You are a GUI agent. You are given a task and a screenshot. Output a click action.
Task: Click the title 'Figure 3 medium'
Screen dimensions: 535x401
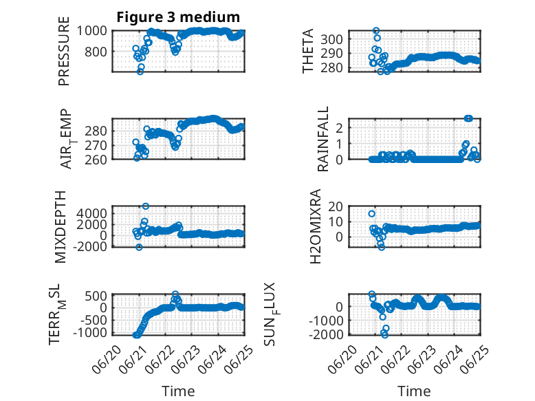click(178, 17)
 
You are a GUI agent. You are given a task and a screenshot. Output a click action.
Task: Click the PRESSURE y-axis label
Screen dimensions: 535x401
click(64, 51)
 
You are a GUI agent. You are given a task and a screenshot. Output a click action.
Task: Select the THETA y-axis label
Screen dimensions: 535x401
click(308, 51)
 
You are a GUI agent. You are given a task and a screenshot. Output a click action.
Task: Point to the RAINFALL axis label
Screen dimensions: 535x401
click(323, 139)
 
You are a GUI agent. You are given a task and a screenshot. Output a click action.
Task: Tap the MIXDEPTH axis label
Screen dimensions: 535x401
click(61, 226)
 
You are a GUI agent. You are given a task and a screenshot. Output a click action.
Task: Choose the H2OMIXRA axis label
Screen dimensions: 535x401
click(316, 226)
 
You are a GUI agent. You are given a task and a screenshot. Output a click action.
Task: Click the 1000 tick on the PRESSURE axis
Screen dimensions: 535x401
click(91, 31)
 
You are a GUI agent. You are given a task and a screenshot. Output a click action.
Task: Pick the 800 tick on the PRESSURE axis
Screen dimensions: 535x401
click(96, 52)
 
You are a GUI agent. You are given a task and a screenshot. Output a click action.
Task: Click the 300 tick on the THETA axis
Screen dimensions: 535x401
click(332, 39)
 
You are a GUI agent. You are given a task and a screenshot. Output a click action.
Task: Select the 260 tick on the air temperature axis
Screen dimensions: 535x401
click(96, 160)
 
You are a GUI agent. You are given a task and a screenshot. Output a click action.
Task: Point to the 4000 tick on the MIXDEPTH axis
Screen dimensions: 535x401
click(91, 214)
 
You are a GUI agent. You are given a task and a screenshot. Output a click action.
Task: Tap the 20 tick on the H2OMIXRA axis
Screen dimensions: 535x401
click(336, 206)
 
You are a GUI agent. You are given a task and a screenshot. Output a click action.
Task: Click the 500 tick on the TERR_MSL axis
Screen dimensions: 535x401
click(96, 296)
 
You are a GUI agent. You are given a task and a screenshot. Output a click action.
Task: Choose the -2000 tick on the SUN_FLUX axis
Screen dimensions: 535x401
click(326, 335)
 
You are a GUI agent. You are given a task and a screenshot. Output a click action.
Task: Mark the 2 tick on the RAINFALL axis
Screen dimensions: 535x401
click(340, 129)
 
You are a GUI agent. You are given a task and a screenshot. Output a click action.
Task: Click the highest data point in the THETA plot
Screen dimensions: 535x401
click(376, 31)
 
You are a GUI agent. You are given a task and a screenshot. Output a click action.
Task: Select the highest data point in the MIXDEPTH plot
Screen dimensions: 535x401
click(146, 206)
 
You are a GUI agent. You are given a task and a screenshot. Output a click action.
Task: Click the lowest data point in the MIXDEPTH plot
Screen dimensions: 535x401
click(139, 247)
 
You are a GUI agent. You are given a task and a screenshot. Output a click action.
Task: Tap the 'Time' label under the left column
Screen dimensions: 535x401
click(178, 391)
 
